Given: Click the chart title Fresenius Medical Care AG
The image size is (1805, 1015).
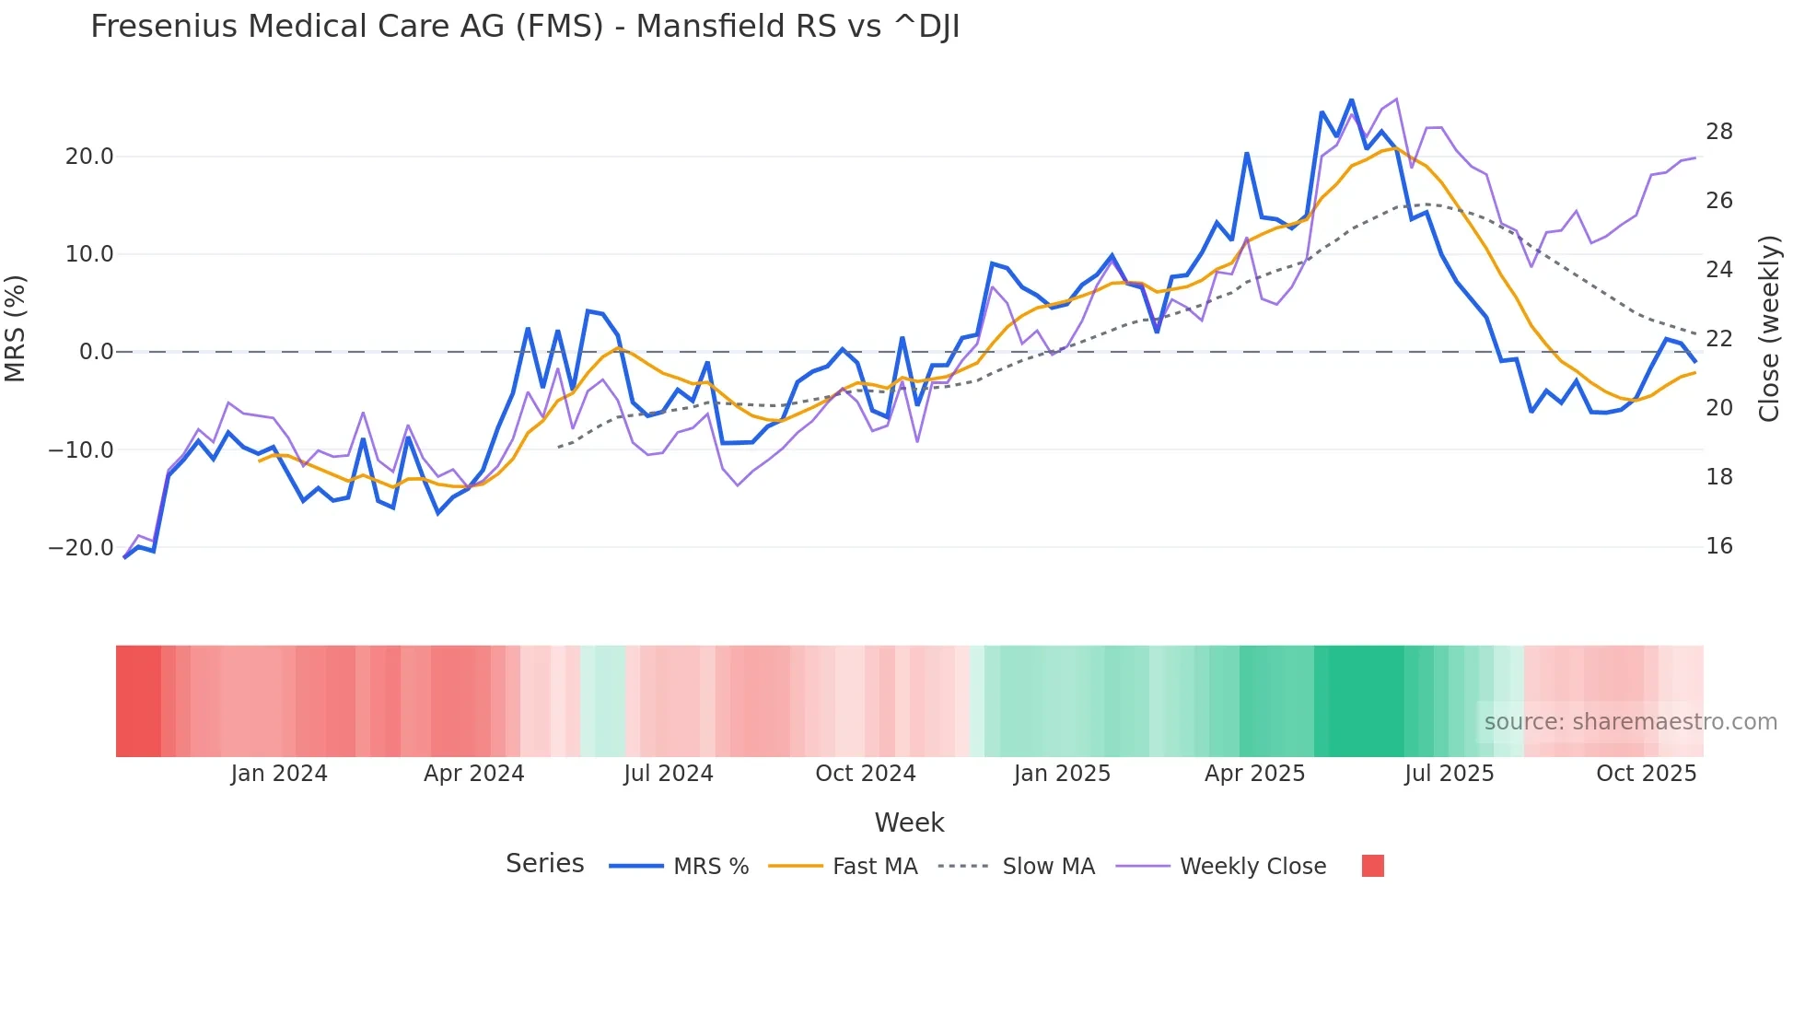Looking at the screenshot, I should coord(525,27).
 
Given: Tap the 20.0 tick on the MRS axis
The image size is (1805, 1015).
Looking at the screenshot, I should coord(89,157).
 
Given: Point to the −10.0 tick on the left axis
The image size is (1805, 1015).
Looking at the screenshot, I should coord(81,450).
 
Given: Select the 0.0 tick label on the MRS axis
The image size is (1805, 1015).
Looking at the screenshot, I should coord(97,352).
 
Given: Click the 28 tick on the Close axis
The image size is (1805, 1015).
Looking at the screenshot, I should coord(1718,132).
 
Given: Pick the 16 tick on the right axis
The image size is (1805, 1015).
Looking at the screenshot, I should coord(1718,546).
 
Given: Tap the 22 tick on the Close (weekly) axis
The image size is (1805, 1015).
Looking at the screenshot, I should coord(1718,339).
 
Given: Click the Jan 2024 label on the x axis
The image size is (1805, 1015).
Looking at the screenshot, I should coord(279,774).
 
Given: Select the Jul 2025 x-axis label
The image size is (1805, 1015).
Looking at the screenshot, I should coord(1449,774).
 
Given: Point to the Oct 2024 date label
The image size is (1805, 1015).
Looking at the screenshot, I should coord(866,774).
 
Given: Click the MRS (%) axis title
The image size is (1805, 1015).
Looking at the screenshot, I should coord(16,329).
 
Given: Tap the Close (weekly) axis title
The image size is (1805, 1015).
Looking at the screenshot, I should coord(1769,329).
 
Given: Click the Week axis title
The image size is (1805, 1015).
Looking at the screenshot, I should coord(909,822).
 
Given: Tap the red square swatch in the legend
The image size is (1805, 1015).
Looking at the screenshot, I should coord(1372,867).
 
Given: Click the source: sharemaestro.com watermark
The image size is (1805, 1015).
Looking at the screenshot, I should coord(1630,722).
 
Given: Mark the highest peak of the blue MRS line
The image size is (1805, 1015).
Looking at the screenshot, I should coord(1351,99).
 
